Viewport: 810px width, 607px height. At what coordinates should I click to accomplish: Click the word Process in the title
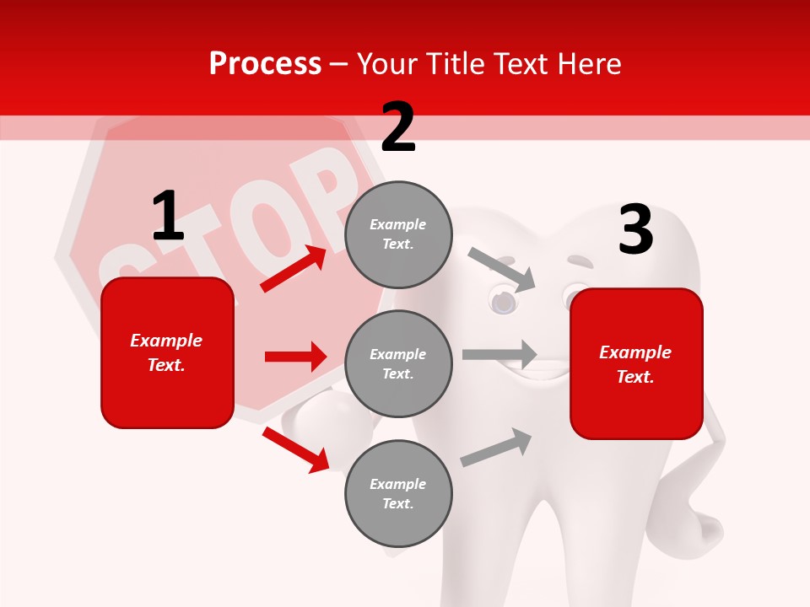tap(265, 63)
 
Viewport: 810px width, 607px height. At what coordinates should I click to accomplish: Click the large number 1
tap(168, 216)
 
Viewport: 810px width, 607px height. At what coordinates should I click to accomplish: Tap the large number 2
tap(398, 127)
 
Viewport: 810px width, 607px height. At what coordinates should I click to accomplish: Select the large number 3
tap(635, 230)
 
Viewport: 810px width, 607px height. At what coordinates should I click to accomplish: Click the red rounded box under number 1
tap(167, 352)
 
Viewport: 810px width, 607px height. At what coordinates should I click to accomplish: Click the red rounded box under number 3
tap(636, 363)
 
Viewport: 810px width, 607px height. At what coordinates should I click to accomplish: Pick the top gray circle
tap(398, 234)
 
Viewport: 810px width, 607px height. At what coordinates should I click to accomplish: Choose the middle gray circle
tap(398, 363)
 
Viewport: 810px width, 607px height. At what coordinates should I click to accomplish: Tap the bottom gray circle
tap(398, 493)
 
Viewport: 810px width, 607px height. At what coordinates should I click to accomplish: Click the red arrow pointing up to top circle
tap(294, 269)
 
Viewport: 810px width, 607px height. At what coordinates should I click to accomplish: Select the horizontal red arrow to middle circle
tap(295, 357)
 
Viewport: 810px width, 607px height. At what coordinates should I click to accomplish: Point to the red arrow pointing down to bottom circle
tap(295, 449)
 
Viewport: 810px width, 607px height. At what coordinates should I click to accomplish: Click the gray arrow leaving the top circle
tap(502, 269)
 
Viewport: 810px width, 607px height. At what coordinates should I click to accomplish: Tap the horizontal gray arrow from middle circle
tap(499, 354)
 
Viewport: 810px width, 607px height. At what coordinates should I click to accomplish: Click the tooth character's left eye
tap(503, 300)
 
